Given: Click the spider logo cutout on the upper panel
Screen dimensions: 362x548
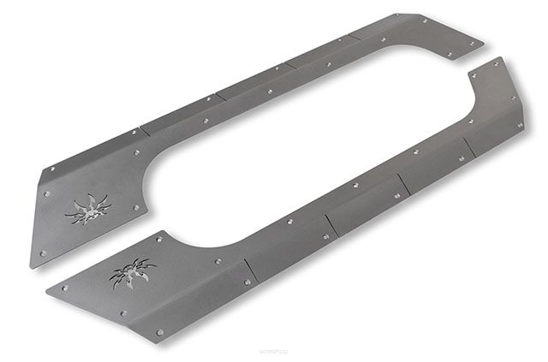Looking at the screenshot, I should click(x=88, y=208).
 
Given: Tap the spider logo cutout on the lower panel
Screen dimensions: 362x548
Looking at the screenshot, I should click(x=133, y=272).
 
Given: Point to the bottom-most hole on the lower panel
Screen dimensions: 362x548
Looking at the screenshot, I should click(x=159, y=331).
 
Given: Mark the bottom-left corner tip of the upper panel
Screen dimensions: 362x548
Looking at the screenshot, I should click(x=32, y=268).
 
